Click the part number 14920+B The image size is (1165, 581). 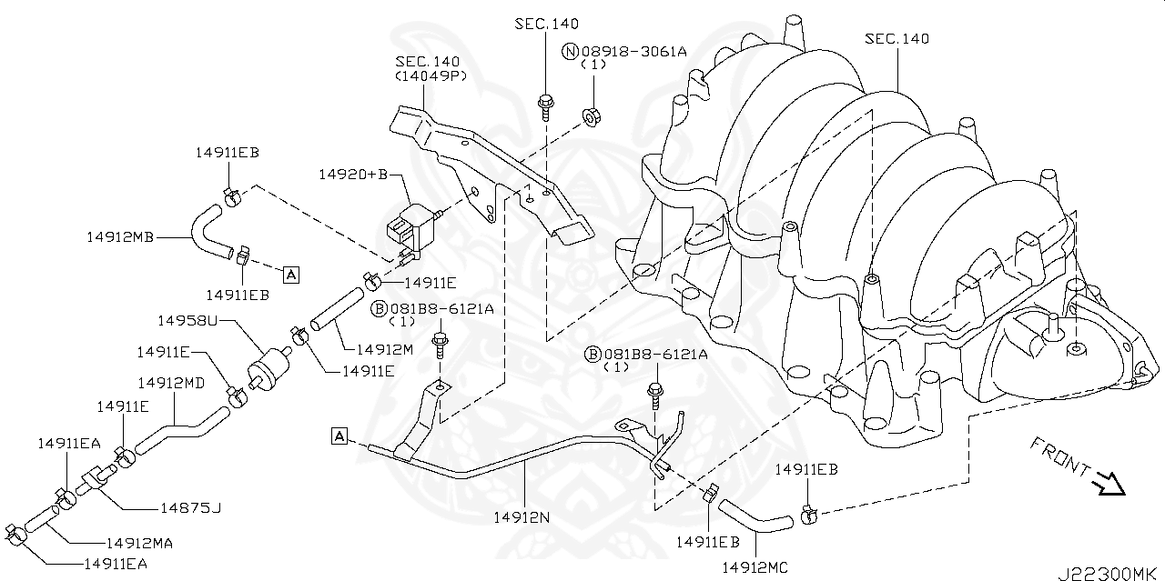pyautogui.click(x=353, y=174)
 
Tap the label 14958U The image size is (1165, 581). pyautogui.click(x=188, y=321)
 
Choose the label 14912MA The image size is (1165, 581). pyautogui.click(x=139, y=543)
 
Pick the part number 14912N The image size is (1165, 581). pyautogui.click(x=522, y=517)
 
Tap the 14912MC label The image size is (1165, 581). pyautogui.click(x=755, y=568)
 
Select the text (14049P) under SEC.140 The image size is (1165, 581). pyautogui.click(x=430, y=76)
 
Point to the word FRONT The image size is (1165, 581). pyautogui.click(x=1059, y=456)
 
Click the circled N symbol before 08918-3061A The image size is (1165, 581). pyautogui.click(x=571, y=52)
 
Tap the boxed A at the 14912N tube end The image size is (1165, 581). pyautogui.click(x=339, y=436)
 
